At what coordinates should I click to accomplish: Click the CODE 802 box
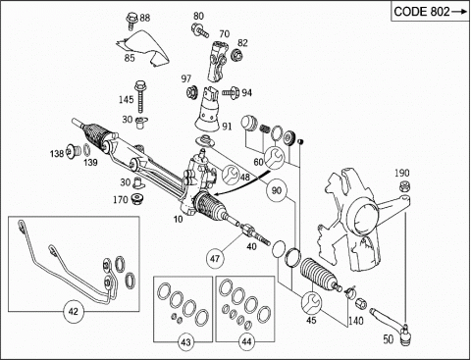[431, 12]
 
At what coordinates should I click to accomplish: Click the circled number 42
[73, 311]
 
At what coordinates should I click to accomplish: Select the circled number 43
[185, 342]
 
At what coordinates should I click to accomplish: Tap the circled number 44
[246, 341]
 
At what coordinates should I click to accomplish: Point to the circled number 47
[215, 259]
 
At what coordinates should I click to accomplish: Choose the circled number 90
[277, 190]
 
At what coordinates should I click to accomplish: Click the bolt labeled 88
[131, 20]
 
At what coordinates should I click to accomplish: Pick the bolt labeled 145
[140, 96]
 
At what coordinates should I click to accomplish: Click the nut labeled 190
[405, 186]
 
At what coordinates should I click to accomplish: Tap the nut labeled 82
[236, 55]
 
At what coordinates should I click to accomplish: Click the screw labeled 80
[200, 29]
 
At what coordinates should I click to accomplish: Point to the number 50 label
[389, 339]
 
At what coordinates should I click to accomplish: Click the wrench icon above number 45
[311, 302]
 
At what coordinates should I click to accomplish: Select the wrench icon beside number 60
[274, 158]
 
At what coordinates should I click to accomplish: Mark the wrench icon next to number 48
[231, 174]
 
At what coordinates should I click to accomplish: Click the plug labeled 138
[74, 151]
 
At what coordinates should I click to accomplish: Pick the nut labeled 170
[138, 199]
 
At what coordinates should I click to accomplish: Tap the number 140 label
[355, 321]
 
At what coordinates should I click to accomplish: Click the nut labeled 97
[192, 91]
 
